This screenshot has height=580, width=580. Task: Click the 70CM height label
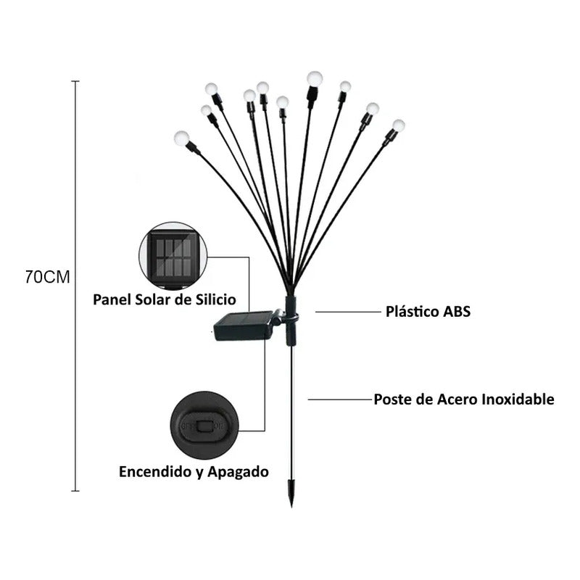click(47, 278)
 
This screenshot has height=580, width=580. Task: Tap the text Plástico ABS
click(428, 312)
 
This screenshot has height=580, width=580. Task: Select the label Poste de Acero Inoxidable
click(464, 399)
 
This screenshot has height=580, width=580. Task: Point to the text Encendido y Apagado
click(194, 471)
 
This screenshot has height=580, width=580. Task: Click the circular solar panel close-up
click(173, 257)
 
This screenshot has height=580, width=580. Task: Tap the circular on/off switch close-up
click(201, 424)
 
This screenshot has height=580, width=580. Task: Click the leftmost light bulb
click(181, 136)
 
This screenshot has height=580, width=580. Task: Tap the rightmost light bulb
click(398, 125)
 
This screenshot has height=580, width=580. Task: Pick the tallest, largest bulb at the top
click(314, 78)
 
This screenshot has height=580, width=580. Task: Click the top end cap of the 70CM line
click(75, 81)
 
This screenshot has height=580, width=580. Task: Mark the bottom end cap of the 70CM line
click(75, 491)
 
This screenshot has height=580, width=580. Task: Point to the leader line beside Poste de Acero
click(339, 399)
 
